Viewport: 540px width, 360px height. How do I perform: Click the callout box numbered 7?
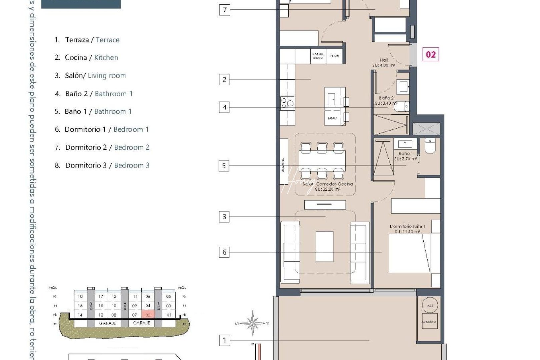click(x=224, y=10)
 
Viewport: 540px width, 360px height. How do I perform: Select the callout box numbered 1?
click(x=224, y=340)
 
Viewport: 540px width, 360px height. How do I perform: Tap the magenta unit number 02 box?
click(x=431, y=55)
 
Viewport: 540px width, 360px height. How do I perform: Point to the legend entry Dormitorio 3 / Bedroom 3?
click(x=102, y=165)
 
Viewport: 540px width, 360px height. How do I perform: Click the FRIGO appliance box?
click(x=335, y=56)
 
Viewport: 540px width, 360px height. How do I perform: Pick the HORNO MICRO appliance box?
click(x=318, y=56)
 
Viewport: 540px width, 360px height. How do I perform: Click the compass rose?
click(x=253, y=323)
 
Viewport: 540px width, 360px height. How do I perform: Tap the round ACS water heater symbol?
click(x=430, y=305)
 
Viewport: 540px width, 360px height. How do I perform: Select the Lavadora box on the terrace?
click(x=429, y=321)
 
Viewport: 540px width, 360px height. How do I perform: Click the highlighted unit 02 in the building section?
click(x=148, y=314)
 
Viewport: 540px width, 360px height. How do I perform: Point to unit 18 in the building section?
click(x=80, y=296)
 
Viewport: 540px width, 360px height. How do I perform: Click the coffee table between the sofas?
click(x=324, y=246)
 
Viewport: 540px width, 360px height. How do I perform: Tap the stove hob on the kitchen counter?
click(x=287, y=103)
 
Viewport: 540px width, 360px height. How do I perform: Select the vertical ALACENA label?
click(x=284, y=165)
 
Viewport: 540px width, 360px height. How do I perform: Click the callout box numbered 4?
click(x=224, y=107)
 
